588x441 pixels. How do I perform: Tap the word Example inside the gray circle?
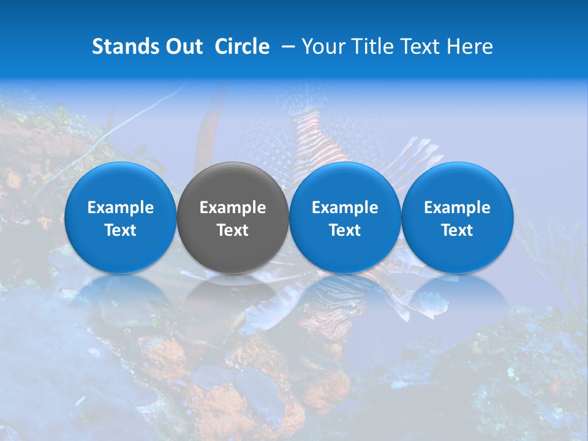pyautogui.click(x=233, y=208)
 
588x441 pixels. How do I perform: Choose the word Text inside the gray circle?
pyautogui.click(x=233, y=230)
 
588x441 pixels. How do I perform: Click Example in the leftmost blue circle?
pyautogui.click(x=121, y=208)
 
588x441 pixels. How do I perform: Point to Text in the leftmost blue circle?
pyautogui.click(x=121, y=230)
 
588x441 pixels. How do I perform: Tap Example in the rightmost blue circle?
pyautogui.click(x=457, y=208)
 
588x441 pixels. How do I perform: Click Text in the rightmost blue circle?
pyautogui.click(x=457, y=230)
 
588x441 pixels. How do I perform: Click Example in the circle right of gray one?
pyautogui.click(x=345, y=208)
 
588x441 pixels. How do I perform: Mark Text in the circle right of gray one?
pyautogui.click(x=345, y=230)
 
